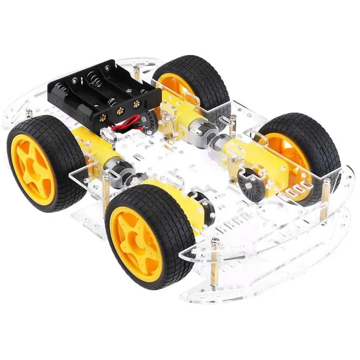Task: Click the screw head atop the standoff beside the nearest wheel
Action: click(105, 175)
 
